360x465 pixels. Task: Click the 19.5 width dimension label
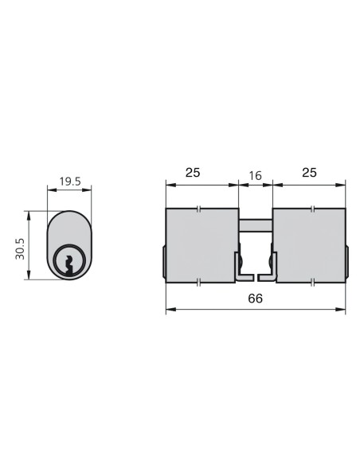pyautogui.click(x=70, y=182)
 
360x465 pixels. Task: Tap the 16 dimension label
pyautogui.click(x=255, y=175)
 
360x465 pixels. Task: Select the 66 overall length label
pyautogui.click(x=256, y=299)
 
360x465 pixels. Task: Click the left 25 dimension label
pyautogui.click(x=193, y=172)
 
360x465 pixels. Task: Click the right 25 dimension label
pyautogui.click(x=309, y=172)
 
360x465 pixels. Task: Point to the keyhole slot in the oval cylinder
pyautogui.click(x=69, y=264)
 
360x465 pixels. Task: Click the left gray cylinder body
pyautogui.click(x=202, y=245)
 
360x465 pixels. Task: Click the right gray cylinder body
pyautogui.click(x=309, y=245)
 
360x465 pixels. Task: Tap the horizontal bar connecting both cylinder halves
pyautogui.click(x=256, y=225)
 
